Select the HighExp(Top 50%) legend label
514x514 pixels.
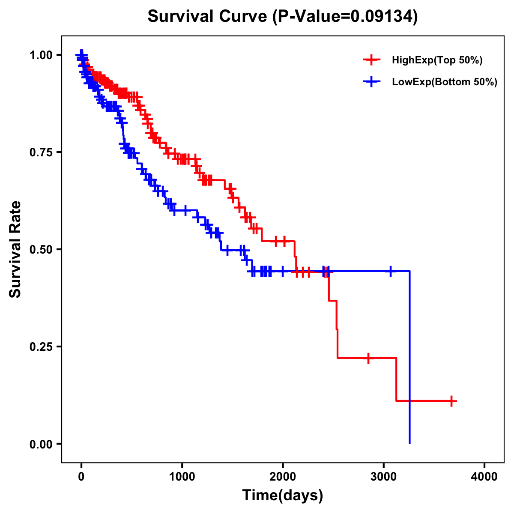tap(437, 60)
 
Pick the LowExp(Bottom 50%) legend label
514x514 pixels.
tap(444, 82)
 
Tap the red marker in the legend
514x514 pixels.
tap(371, 60)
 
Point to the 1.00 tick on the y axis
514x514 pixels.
tap(41, 55)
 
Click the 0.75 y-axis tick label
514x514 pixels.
tap(41, 152)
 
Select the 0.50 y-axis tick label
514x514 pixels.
tap(41, 249)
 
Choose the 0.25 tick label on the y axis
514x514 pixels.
tap(41, 347)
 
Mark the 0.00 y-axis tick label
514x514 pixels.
tap(41, 444)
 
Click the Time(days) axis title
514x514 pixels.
tap(283, 496)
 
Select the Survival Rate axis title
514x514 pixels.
tap(15, 249)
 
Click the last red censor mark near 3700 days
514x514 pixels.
tap(451, 401)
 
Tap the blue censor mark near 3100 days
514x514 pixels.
tap(390, 271)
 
